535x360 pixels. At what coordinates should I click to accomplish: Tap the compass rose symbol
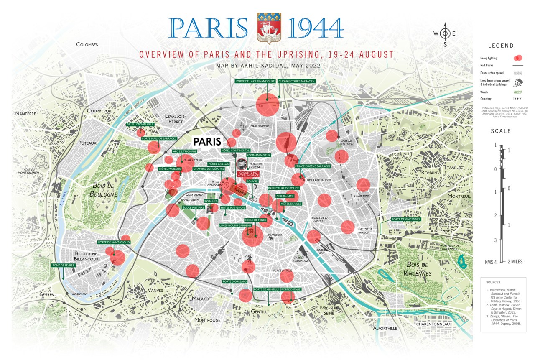tap(445, 33)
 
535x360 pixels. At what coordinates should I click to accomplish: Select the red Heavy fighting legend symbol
tap(518, 58)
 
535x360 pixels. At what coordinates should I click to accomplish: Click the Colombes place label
tap(87, 44)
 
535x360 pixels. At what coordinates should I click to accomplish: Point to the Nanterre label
tap(26, 113)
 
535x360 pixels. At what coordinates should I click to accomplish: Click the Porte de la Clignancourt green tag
tap(255, 81)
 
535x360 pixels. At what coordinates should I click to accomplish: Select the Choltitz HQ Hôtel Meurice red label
tap(248, 174)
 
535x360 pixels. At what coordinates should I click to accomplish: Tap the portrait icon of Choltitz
tap(242, 164)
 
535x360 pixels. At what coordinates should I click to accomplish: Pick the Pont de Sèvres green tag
tap(63, 265)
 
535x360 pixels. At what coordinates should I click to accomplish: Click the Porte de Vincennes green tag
tap(406, 219)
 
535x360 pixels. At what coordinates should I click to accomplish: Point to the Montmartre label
tap(259, 126)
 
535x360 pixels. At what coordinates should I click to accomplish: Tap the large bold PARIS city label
tap(207, 141)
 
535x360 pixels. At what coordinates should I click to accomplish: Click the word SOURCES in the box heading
tap(493, 282)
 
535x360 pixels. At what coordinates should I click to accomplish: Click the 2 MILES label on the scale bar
tap(515, 262)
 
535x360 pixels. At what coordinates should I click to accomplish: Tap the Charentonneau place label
tap(432, 324)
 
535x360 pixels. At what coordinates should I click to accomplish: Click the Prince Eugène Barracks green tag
tap(313, 166)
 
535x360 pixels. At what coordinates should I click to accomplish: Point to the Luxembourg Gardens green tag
tap(234, 225)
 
